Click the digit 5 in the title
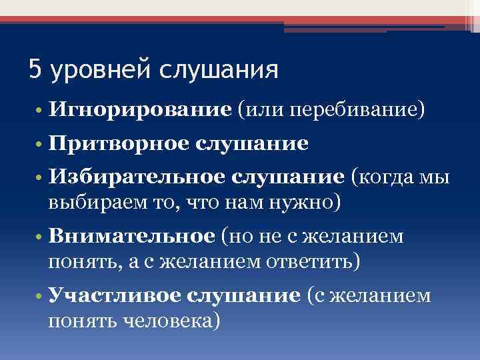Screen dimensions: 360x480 35,70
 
